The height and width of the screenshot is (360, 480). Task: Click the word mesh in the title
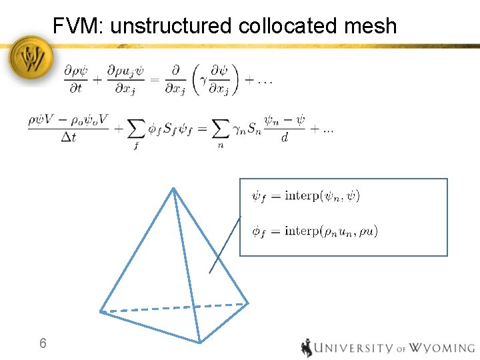pyautogui.click(x=371, y=27)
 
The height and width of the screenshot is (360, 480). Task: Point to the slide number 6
pyautogui.click(x=43, y=344)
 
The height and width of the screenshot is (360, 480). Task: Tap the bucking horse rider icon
pyautogui.click(x=307, y=348)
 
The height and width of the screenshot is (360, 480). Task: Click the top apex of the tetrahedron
pyautogui.click(x=173, y=189)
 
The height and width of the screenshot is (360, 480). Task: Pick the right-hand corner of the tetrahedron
pyautogui.click(x=248, y=303)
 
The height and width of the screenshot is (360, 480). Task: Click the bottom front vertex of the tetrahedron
pyautogui.click(x=199, y=342)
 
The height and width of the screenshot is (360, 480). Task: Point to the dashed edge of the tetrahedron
pyautogui.click(x=173, y=307)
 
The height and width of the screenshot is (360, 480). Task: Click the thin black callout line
pyautogui.click(x=225, y=245)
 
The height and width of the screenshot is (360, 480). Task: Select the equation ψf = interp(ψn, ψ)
pyautogui.click(x=305, y=196)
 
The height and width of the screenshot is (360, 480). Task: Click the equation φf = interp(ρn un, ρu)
pyautogui.click(x=315, y=231)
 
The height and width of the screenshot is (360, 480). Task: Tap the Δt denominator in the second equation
pyautogui.click(x=68, y=138)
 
